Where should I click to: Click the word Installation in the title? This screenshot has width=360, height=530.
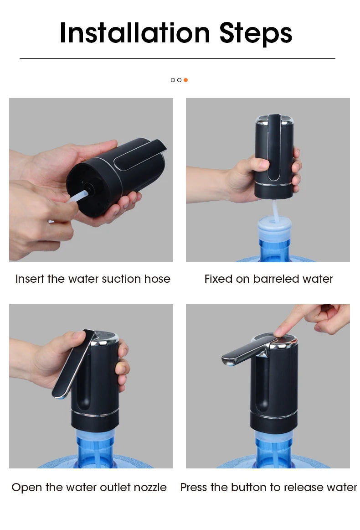[135, 33]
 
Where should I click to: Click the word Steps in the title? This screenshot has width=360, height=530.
[256, 33]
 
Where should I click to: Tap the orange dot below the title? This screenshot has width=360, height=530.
[185, 80]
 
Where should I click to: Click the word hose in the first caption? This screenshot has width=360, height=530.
[158, 279]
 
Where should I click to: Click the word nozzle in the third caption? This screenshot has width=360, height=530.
[150, 487]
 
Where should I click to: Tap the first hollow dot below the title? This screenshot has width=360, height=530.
[173, 80]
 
